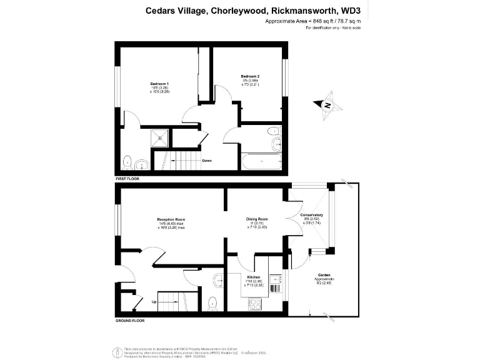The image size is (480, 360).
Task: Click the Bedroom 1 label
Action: (159, 83)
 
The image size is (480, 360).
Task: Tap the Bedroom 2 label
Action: (250, 76)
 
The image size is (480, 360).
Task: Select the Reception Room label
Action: (171, 219)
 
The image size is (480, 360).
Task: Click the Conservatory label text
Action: (311, 215)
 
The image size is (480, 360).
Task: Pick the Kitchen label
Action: (253, 276)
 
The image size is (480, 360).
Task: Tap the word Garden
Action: (324, 275)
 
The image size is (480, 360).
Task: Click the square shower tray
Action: (161, 136)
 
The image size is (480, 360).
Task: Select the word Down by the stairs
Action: (207, 161)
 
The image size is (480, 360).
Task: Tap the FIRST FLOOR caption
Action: (127, 179)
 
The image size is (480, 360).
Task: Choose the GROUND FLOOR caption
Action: (130, 320)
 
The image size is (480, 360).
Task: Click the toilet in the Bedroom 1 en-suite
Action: (128, 162)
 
